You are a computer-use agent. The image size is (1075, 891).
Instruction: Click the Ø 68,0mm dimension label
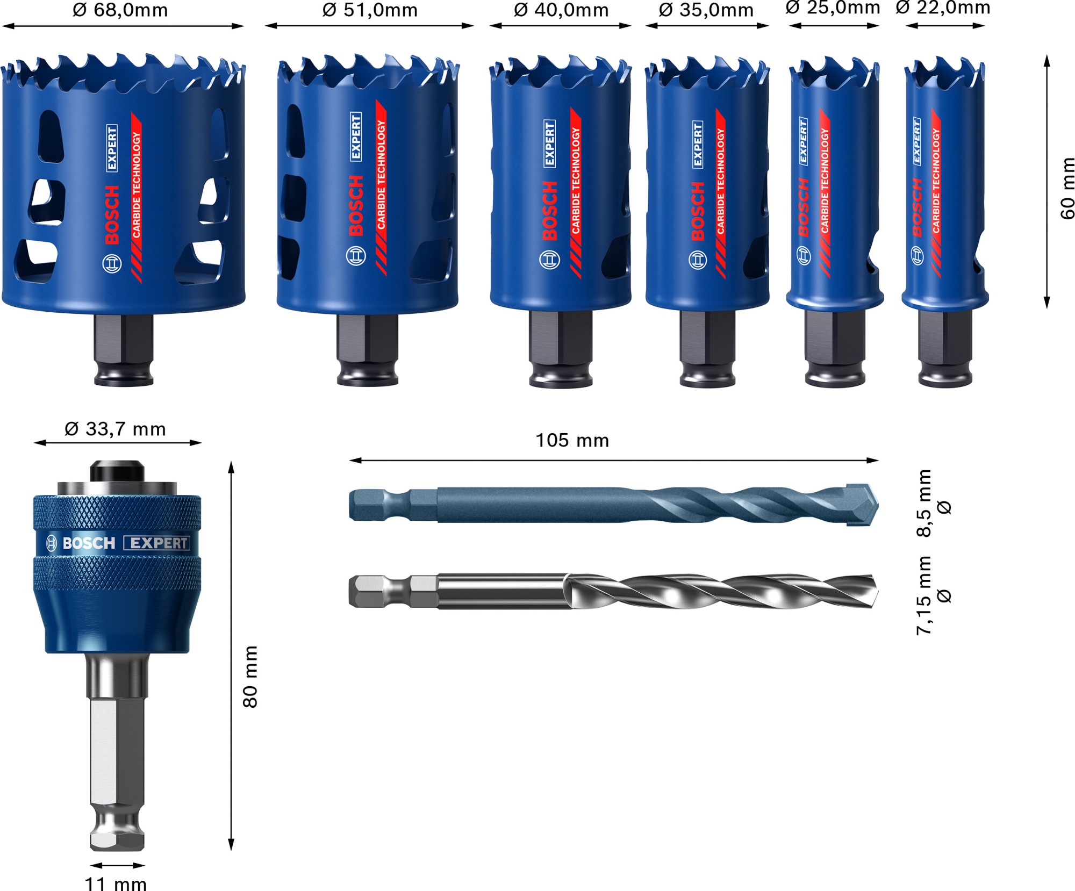coord(120,10)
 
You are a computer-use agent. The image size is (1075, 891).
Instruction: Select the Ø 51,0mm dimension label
coord(370,10)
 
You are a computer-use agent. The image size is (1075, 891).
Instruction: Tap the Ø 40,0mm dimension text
coord(561,10)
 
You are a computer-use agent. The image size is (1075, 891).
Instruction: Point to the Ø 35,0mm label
coord(706,10)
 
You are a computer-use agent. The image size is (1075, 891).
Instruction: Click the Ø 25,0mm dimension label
coord(833,8)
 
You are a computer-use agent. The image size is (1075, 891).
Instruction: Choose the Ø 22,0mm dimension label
coord(943,8)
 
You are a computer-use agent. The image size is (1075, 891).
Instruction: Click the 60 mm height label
coord(1067,188)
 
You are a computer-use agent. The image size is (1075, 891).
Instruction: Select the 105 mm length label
coord(572,441)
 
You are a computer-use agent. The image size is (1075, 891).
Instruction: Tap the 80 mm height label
coord(250,677)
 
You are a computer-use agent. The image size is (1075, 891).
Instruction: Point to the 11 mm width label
coord(116,883)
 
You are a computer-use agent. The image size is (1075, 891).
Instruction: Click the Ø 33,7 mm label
coord(115,429)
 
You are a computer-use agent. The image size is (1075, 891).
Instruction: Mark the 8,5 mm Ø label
coord(933,503)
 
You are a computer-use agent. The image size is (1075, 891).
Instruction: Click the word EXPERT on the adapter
coord(158,543)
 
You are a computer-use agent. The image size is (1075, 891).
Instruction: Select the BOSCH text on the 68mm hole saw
coord(112,215)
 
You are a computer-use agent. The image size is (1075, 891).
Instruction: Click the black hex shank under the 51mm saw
coord(368,339)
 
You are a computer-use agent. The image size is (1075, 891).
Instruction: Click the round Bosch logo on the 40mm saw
coord(549,260)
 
